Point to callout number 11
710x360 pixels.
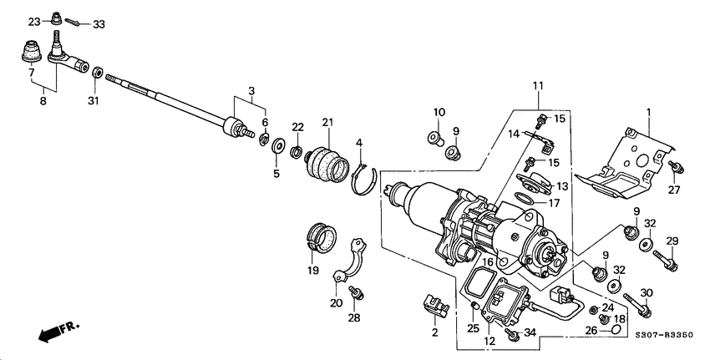tap(538, 85)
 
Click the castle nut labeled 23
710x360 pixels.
tap(56, 18)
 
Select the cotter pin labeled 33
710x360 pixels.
tap(74, 23)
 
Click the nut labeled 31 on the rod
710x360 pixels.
tap(98, 74)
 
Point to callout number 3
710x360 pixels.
tap(251, 90)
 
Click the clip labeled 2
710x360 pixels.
tap(434, 306)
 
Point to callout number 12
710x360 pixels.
tap(490, 342)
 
